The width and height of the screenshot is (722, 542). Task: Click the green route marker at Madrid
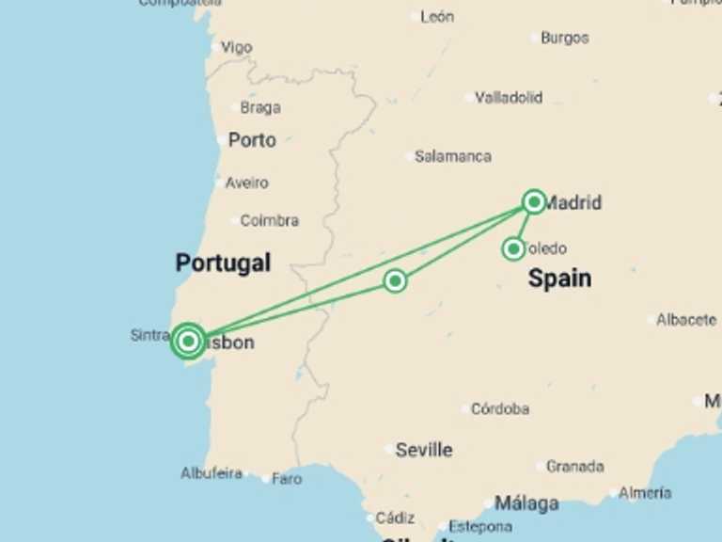click(x=534, y=200)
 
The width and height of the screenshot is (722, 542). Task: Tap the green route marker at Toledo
click(x=513, y=249)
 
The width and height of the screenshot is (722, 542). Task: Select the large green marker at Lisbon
click(x=189, y=341)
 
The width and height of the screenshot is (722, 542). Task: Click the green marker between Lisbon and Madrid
click(x=396, y=280)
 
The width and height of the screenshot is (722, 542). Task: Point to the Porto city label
click(x=252, y=140)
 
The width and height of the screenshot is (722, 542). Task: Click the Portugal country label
click(x=223, y=263)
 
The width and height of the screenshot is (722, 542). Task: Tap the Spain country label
click(x=559, y=278)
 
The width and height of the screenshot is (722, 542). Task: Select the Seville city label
click(x=423, y=450)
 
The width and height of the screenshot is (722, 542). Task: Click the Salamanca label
click(x=452, y=156)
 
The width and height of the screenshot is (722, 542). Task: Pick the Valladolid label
click(x=508, y=97)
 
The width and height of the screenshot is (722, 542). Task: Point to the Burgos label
click(x=564, y=38)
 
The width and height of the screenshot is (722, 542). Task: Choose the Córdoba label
click(x=499, y=409)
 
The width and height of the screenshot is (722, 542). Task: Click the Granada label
click(x=574, y=466)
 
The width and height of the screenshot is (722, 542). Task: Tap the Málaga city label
click(x=526, y=503)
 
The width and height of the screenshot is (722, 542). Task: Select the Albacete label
click(x=685, y=320)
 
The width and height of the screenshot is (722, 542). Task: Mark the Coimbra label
click(x=269, y=221)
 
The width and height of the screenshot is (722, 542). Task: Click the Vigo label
click(x=236, y=47)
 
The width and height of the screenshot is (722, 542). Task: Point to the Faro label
click(x=287, y=479)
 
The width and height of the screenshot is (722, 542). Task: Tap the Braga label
click(x=259, y=107)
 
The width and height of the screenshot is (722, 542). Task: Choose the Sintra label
click(x=149, y=335)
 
